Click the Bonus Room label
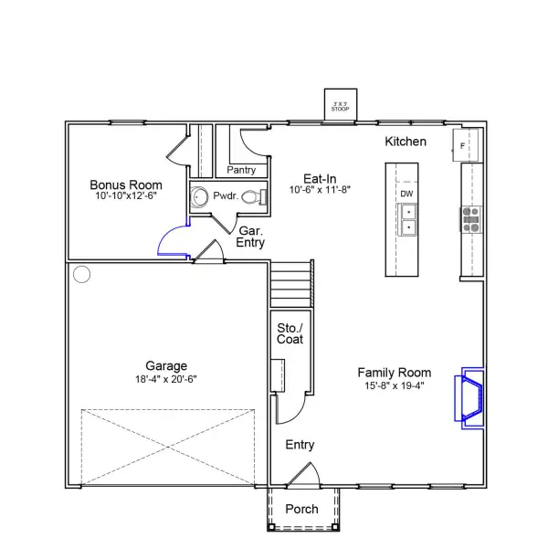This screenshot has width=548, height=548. pyautogui.click(x=125, y=184)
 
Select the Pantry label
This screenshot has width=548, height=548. pyautogui.click(x=241, y=170)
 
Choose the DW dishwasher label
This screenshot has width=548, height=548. pyautogui.click(x=407, y=194)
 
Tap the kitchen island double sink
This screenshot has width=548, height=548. pyautogui.click(x=408, y=220)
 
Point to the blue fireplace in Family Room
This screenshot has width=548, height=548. pyautogui.click(x=469, y=395)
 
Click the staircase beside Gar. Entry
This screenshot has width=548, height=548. pyautogui.click(x=292, y=285)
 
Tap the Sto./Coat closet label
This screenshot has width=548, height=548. pyautogui.click(x=290, y=333)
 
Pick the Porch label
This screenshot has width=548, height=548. pyautogui.click(x=302, y=509)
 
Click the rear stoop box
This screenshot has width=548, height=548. pyautogui.click(x=341, y=104)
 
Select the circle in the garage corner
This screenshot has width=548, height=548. pyautogui.click(x=82, y=273)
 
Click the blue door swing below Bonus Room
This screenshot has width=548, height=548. pyautogui.click(x=172, y=242)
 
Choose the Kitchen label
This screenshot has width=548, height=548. pyautogui.click(x=406, y=142)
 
